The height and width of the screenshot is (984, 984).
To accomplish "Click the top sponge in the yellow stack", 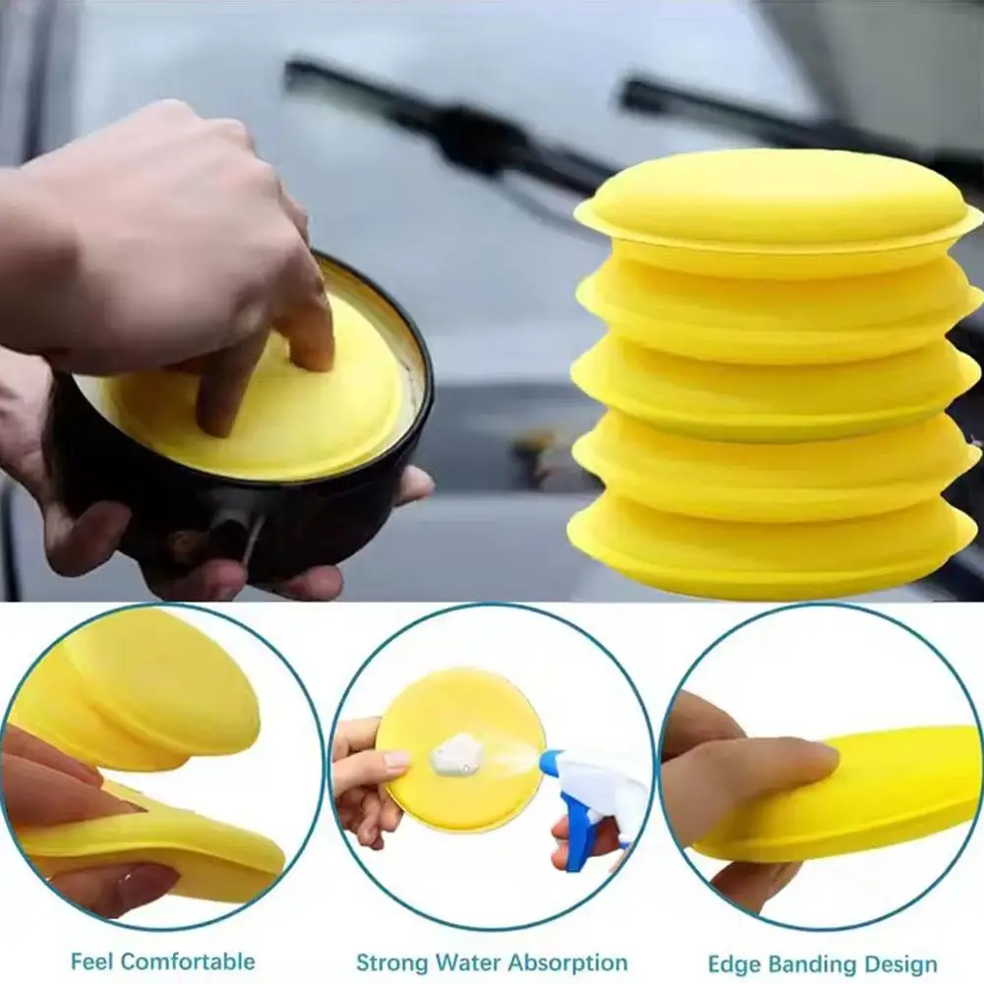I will coord(777,202).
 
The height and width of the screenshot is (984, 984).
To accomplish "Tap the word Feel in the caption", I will coord(94,960).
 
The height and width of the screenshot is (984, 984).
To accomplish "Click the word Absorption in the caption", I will coord(569,962).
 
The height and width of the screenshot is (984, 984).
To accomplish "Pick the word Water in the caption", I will coord(471,962).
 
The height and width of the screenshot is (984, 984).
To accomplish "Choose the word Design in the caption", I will coord(903,963).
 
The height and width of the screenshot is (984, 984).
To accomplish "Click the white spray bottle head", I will coord(590,777).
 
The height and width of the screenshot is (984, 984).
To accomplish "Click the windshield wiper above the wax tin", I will coord(442,118).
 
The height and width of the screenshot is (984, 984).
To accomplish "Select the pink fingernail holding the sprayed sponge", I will coord(396,759).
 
